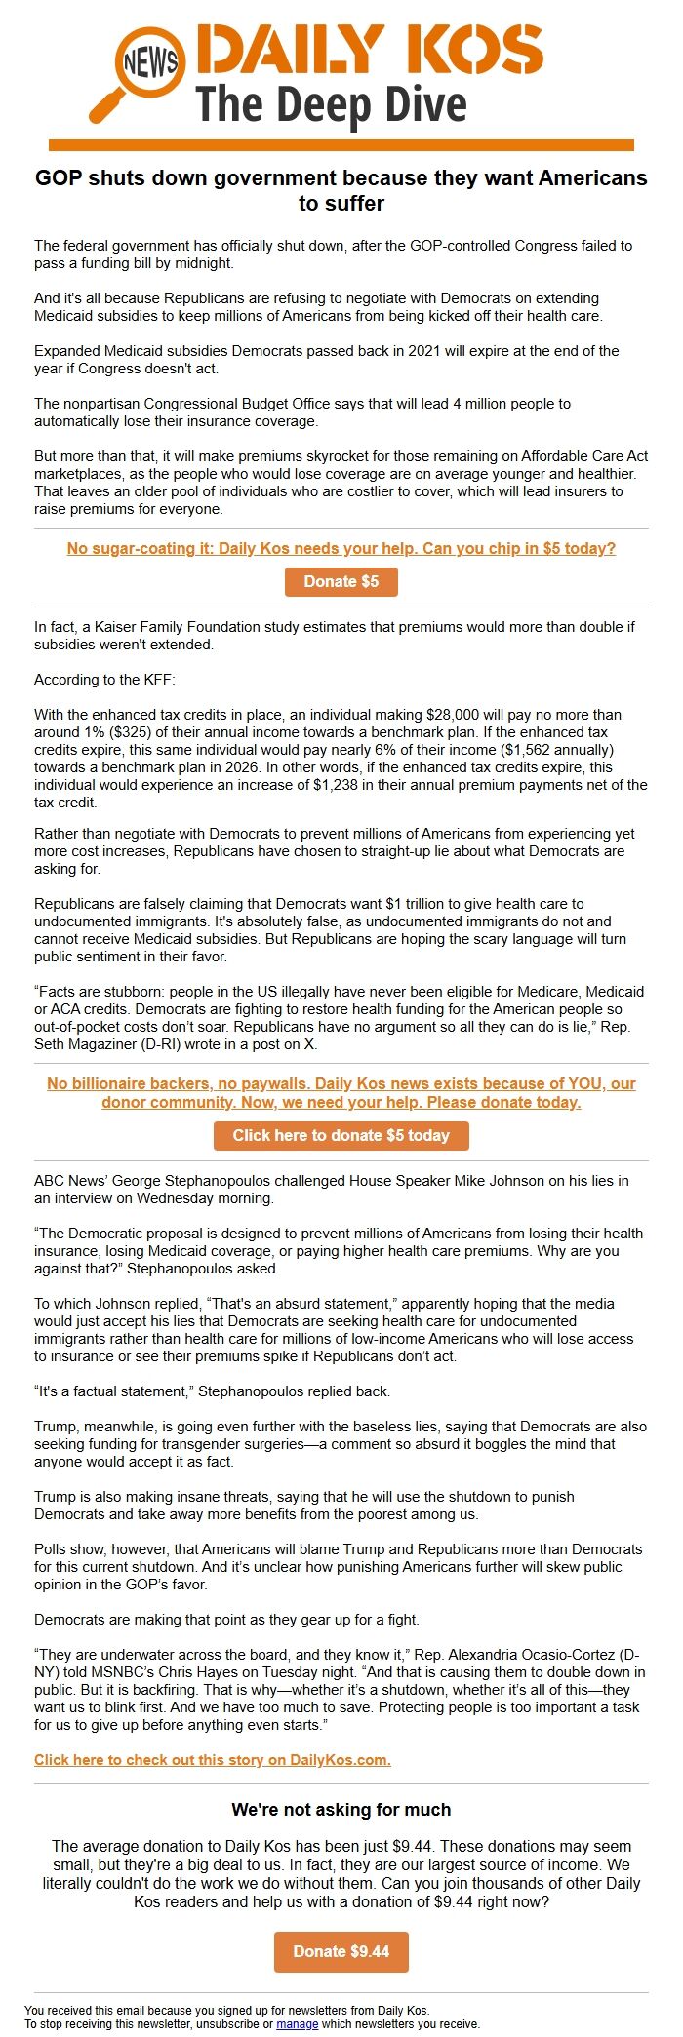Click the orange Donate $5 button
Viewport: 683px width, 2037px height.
341,582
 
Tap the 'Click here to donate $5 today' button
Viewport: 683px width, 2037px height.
341,1136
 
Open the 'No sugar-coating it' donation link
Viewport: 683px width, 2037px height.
341,549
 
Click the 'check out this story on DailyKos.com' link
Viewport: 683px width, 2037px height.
213,1760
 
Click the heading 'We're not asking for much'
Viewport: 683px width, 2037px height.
341,1810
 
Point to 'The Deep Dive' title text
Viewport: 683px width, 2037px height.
332,105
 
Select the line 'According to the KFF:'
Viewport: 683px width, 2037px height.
104,680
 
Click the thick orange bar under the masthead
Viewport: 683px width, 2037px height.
341,145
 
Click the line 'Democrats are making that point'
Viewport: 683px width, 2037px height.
226,1620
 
